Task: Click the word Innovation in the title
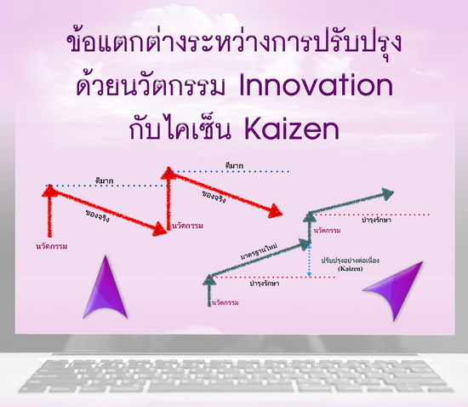pyautogui.click(x=316, y=85)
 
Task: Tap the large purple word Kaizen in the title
pyautogui.click(x=292, y=129)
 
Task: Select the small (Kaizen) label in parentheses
pyautogui.click(x=351, y=268)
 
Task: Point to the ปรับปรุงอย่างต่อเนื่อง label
pyautogui.click(x=351, y=261)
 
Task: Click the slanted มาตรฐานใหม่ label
pyautogui.click(x=259, y=252)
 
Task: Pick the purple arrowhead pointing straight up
pyautogui.click(x=106, y=287)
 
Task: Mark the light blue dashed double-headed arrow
pyautogui.click(x=309, y=261)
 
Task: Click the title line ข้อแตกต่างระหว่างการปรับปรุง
pyautogui.click(x=234, y=44)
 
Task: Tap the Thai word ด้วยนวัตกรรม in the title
pyautogui.click(x=151, y=85)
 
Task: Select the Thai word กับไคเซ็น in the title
pyautogui.click(x=180, y=129)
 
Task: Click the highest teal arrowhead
pyautogui.click(x=387, y=194)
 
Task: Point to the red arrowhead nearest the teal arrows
pyautogui.click(x=275, y=211)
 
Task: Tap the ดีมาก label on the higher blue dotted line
pyautogui.click(x=234, y=166)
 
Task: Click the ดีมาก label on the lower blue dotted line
pyautogui.click(x=104, y=181)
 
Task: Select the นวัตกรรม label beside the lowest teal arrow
pyautogui.click(x=225, y=303)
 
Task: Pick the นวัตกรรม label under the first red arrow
pyautogui.click(x=51, y=246)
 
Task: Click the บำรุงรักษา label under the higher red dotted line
pyautogui.click(x=376, y=221)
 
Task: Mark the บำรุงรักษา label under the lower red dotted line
pyautogui.click(x=265, y=283)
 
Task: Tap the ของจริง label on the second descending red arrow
pyautogui.click(x=214, y=197)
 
